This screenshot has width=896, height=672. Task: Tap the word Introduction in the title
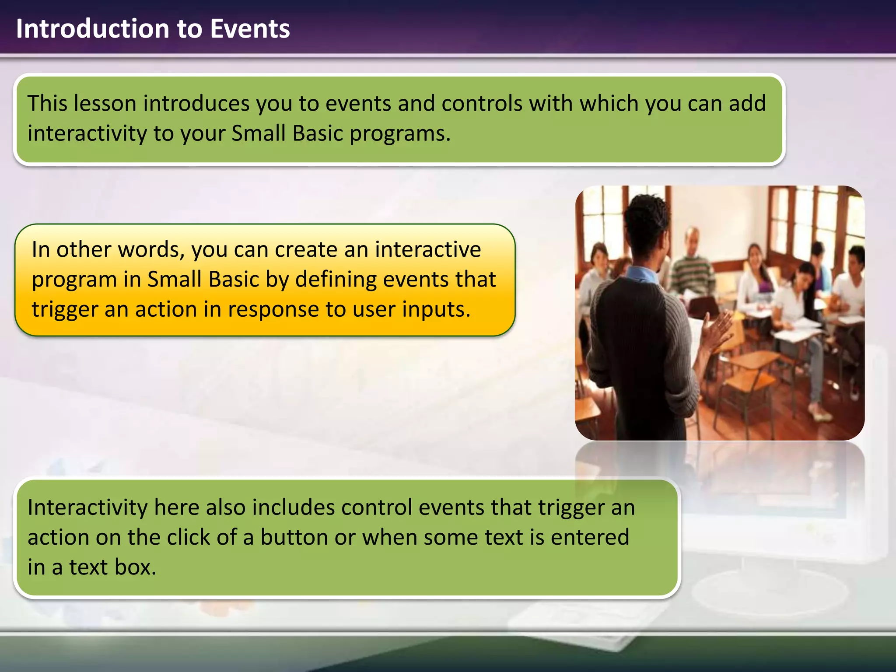pyautogui.click(x=92, y=29)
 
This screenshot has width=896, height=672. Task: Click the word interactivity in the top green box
pyautogui.click(x=87, y=133)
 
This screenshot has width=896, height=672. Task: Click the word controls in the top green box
pyautogui.click(x=482, y=104)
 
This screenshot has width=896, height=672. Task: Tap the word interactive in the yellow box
pyautogui.click(x=427, y=250)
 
